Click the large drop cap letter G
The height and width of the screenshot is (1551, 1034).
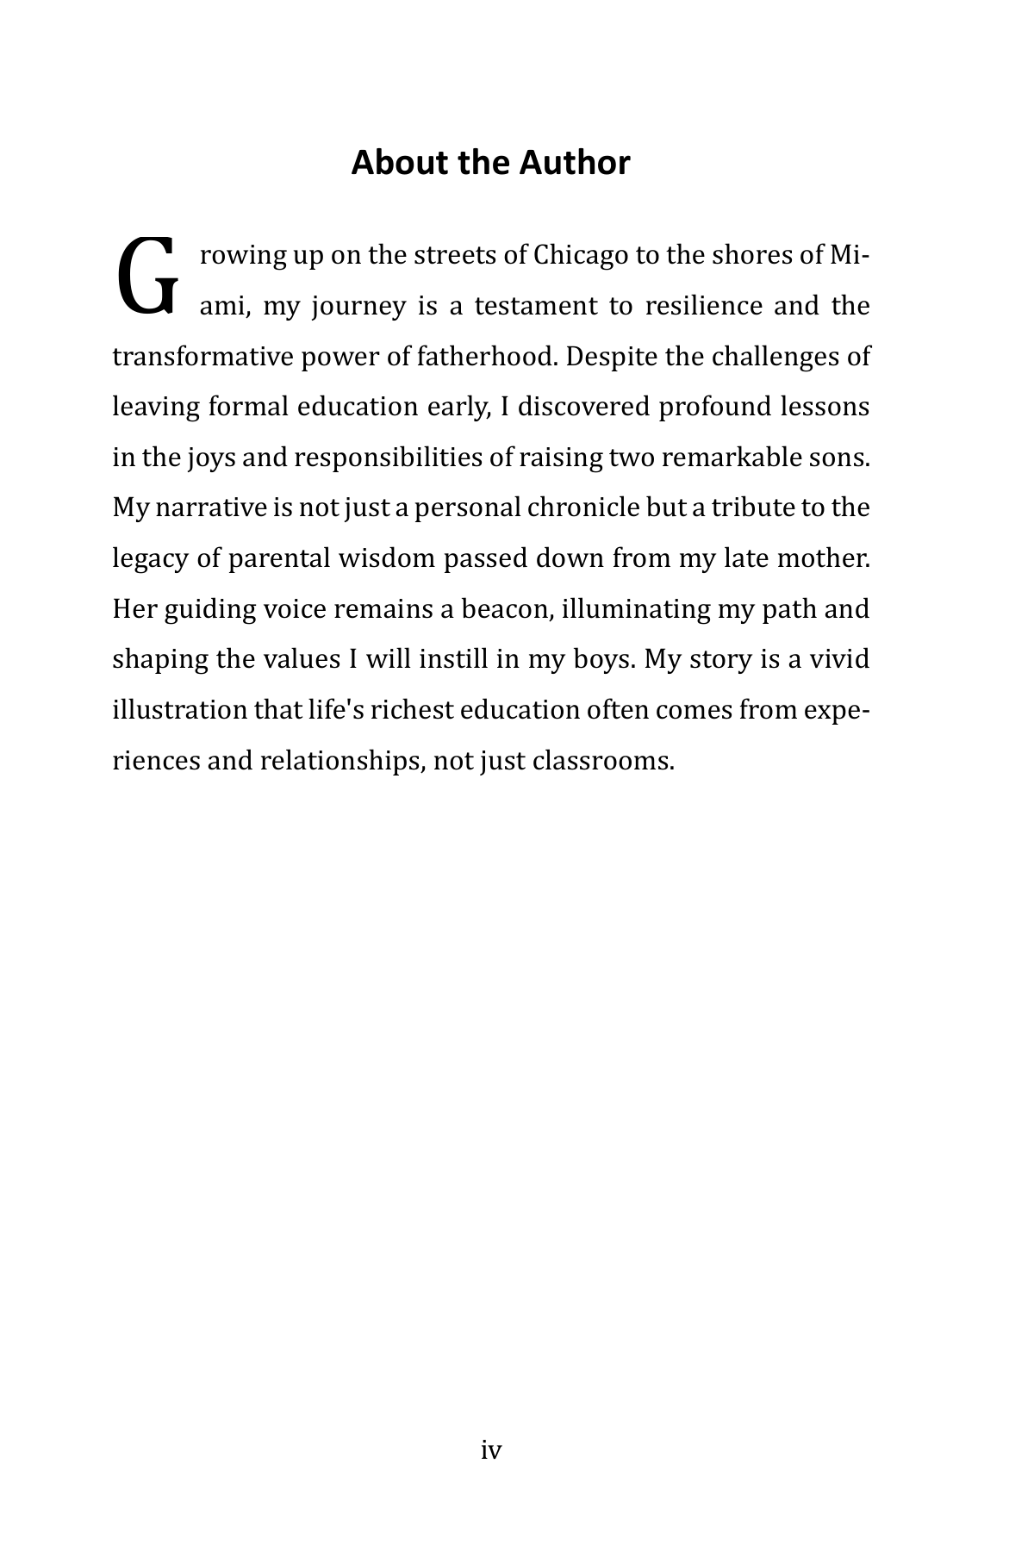click(147, 276)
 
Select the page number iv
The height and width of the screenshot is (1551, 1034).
click(490, 1450)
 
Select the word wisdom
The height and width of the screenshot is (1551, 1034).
click(387, 559)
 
